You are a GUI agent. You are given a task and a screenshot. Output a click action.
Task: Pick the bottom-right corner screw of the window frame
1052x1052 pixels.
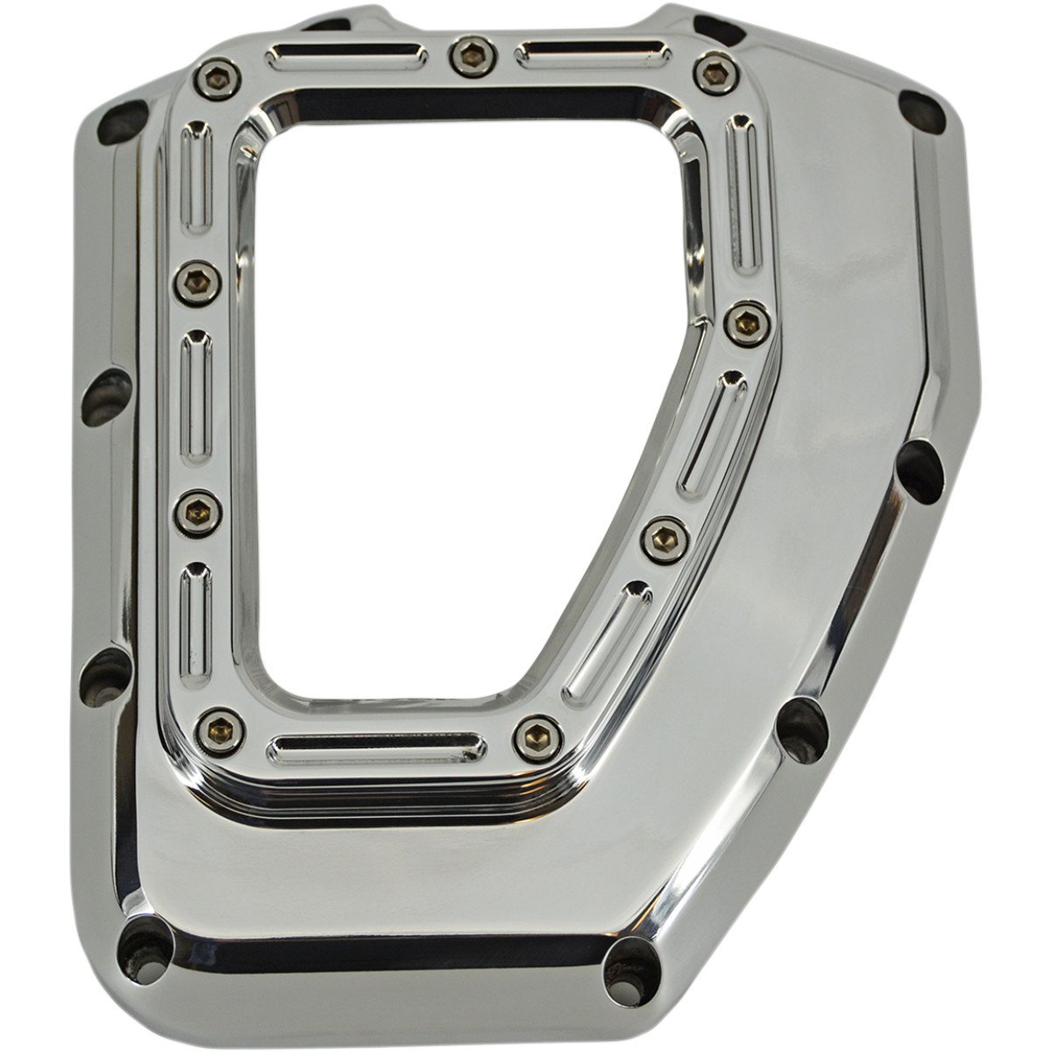click(x=537, y=739)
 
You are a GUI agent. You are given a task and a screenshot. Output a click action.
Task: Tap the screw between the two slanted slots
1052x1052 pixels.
click(x=665, y=540)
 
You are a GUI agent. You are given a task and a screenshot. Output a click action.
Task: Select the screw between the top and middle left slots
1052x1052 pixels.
click(x=196, y=283)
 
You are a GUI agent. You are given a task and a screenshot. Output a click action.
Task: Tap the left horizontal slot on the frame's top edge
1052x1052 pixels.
click(x=346, y=58)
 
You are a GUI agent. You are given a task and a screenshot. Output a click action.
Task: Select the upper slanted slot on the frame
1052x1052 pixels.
click(x=713, y=433)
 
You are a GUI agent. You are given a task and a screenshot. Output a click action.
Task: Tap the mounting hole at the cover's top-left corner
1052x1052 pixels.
click(x=122, y=122)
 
